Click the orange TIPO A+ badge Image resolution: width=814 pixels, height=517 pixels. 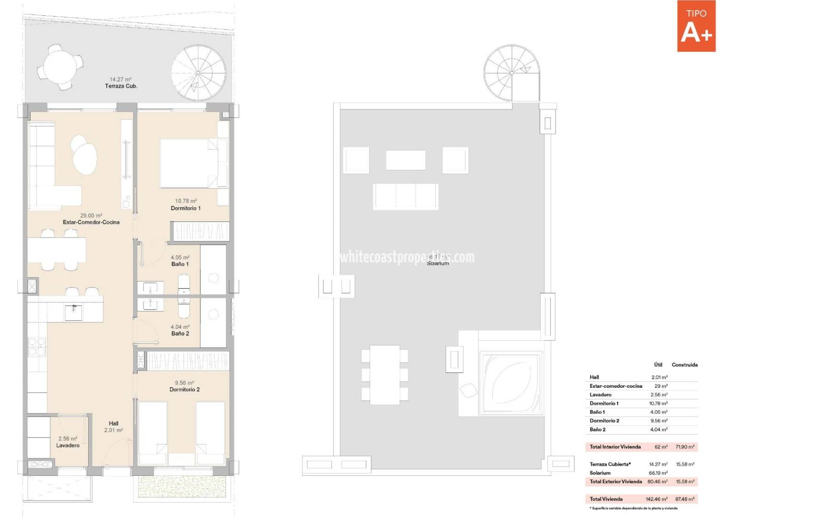(x=696, y=26)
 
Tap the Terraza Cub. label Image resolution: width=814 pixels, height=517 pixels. (x=121, y=86)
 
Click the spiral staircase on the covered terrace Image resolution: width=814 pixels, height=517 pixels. (x=198, y=73)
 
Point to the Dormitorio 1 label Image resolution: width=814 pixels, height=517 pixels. (x=186, y=208)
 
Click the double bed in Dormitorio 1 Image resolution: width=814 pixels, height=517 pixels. (x=189, y=163)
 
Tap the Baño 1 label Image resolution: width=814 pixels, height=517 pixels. (x=180, y=264)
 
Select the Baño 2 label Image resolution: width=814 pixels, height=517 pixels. (x=180, y=334)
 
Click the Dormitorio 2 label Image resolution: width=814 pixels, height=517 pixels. (x=184, y=389)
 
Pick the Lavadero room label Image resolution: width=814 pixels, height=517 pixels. (x=68, y=445)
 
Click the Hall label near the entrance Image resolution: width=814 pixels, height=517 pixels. (x=113, y=423)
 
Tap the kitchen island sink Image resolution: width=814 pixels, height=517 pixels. (x=74, y=313)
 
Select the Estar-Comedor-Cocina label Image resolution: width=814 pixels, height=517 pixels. (x=91, y=222)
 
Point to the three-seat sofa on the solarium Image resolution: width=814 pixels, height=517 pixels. (x=406, y=196)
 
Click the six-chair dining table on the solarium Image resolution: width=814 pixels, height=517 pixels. (x=385, y=374)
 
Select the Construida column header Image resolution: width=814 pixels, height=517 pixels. (x=684, y=365)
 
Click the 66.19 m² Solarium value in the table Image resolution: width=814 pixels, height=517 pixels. (x=658, y=473)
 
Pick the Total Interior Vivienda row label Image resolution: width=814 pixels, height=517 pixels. (x=615, y=447)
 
